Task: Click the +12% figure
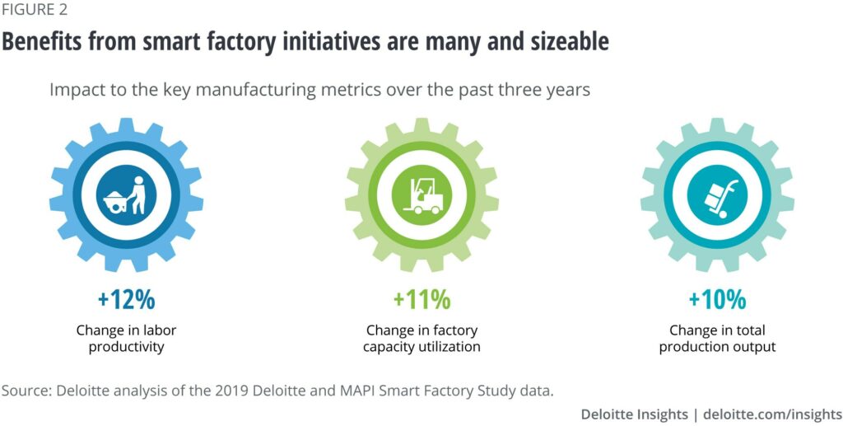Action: (126, 298)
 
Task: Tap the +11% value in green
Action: (421, 298)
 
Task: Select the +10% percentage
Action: (717, 298)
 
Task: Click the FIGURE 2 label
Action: (35, 11)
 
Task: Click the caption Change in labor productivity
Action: (126, 339)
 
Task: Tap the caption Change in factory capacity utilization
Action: (421, 339)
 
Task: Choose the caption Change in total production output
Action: (717, 339)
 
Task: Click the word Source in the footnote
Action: (26, 388)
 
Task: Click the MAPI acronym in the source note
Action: (360, 388)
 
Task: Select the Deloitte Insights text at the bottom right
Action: (633, 413)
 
